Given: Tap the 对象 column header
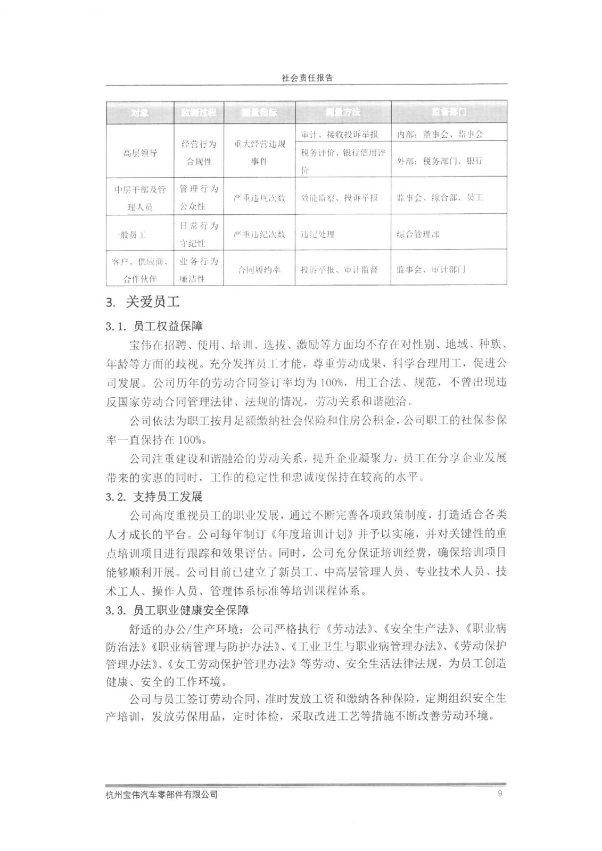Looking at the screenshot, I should click(x=140, y=112).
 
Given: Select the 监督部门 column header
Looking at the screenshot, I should click(x=449, y=112).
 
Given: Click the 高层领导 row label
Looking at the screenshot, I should click(x=140, y=153).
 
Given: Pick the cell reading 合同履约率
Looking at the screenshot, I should click(x=259, y=270).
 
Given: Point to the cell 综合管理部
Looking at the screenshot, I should click(x=418, y=234).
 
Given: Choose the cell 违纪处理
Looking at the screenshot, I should click(x=318, y=234).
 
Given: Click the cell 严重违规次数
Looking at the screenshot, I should click(x=259, y=198).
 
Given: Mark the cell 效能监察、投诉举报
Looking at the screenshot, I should click(x=339, y=198).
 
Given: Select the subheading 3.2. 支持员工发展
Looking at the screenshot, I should click(x=154, y=497).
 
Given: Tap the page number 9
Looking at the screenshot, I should click(x=499, y=795).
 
